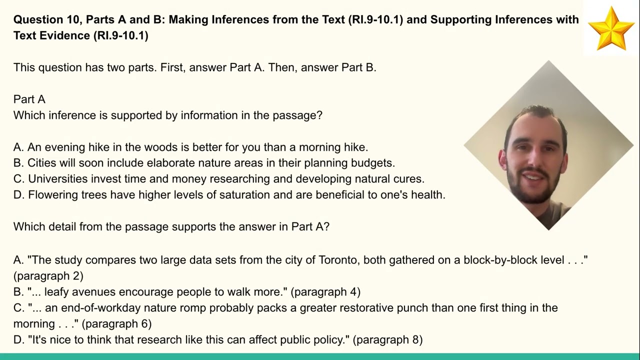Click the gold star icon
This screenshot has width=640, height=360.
tap(611, 28)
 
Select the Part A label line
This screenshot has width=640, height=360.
tap(29, 99)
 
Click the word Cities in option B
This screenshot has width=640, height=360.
tap(41, 162)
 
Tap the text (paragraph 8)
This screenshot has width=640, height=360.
tap(387, 340)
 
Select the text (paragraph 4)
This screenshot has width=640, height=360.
tap(325, 292)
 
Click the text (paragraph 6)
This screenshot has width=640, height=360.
tap(116, 324)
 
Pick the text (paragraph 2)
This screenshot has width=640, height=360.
tap(48, 275)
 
